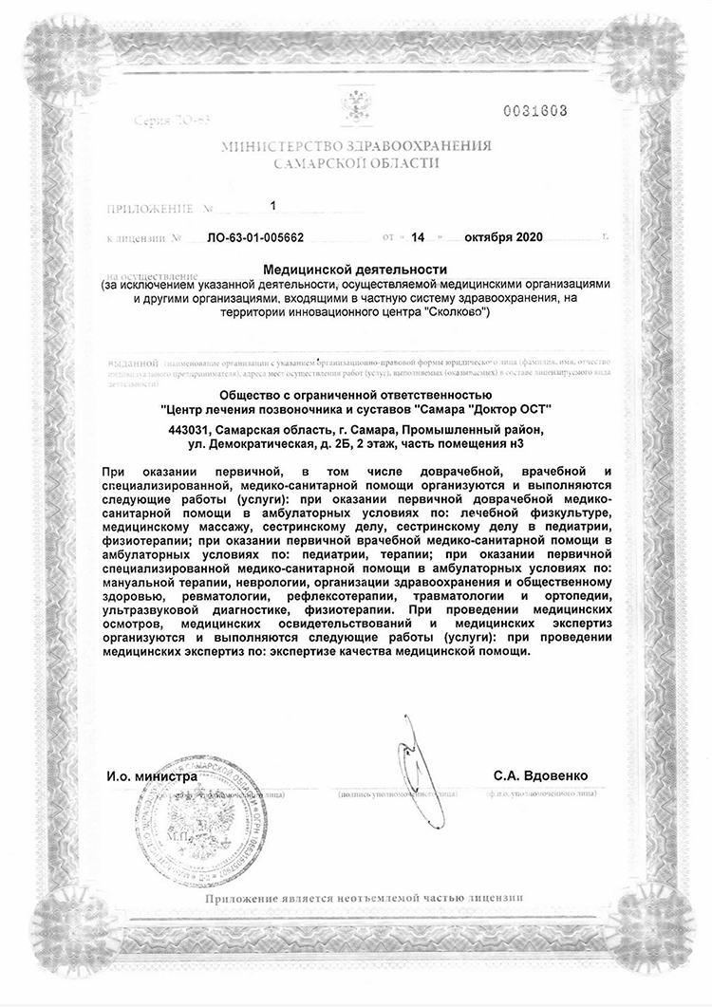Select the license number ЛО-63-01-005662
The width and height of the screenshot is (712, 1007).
pyautogui.click(x=254, y=234)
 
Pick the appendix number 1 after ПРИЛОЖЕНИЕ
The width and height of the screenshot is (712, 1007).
pyautogui.click(x=273, y=205)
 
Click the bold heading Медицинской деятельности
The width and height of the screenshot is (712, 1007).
pyautogui.click(x=356, y=271)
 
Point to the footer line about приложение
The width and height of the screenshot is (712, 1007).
pyautogui.click(x=363, y=897)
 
